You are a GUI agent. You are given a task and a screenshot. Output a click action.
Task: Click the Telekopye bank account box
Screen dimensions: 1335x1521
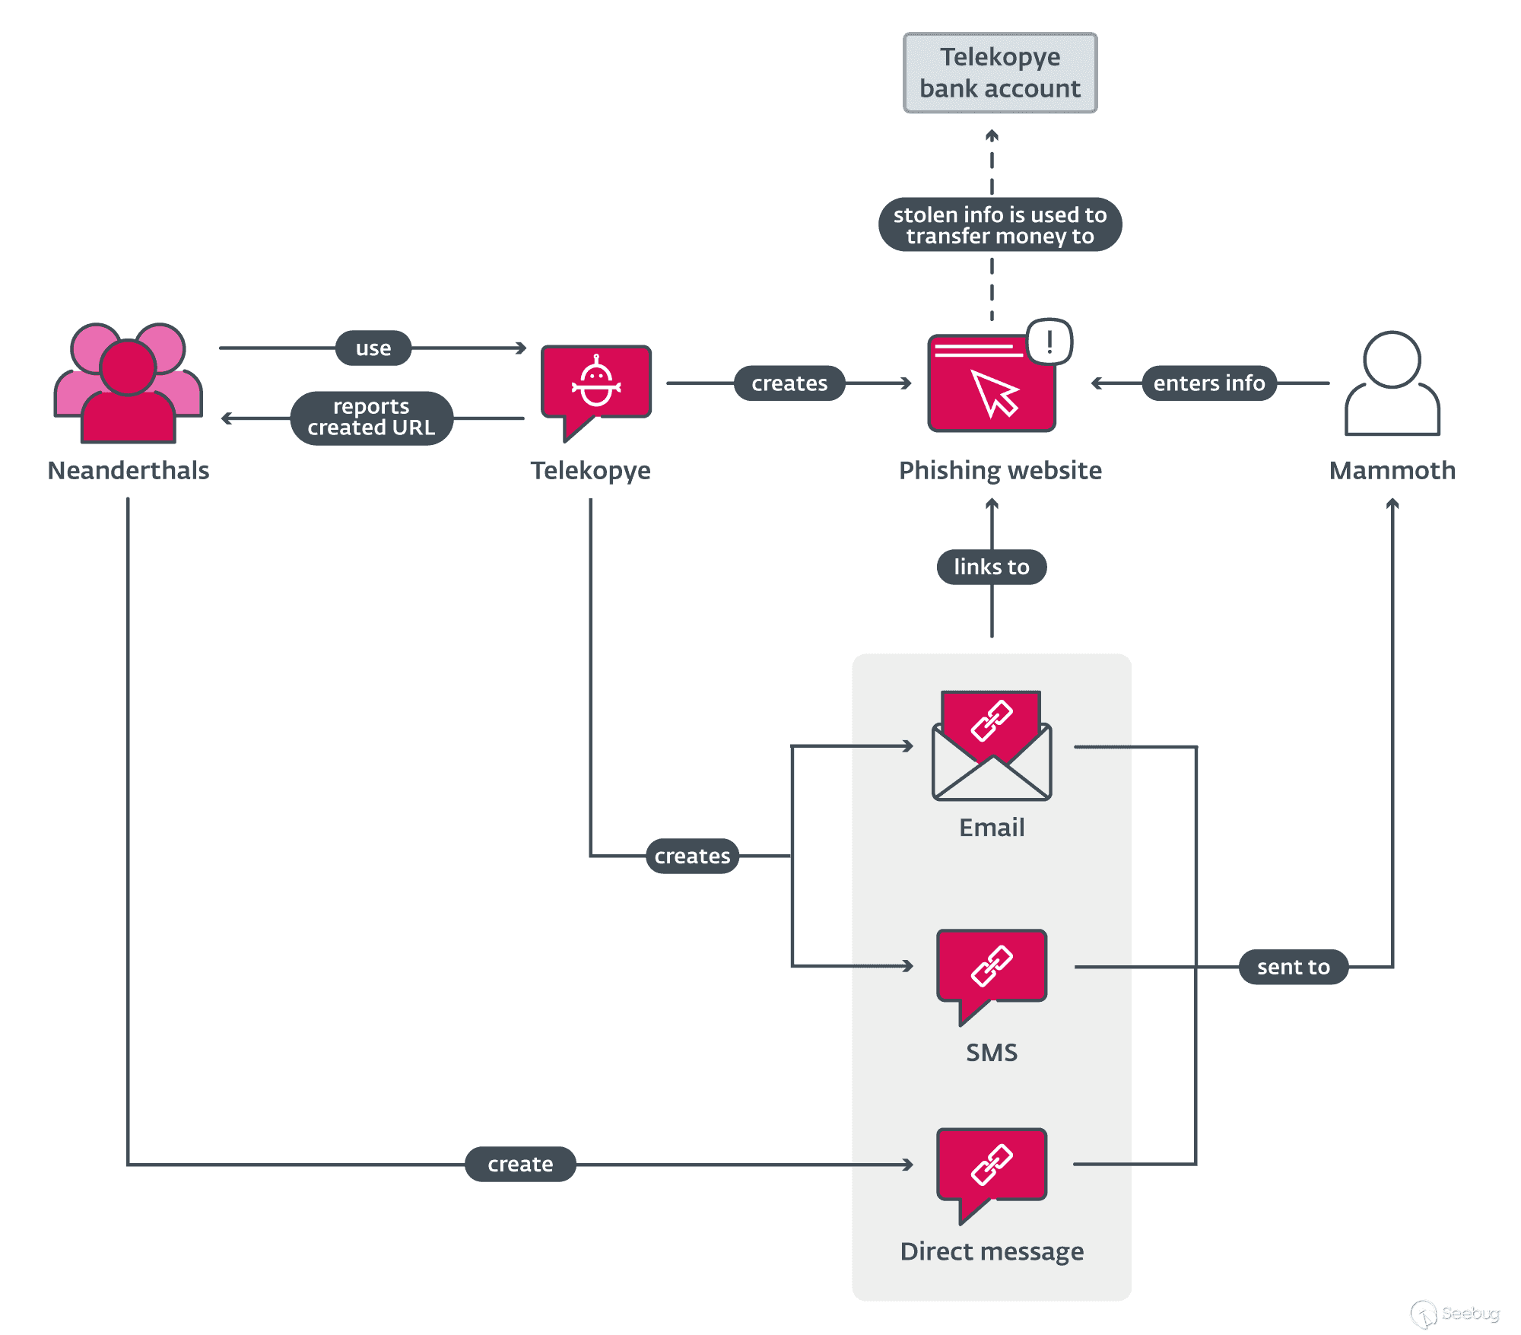999,73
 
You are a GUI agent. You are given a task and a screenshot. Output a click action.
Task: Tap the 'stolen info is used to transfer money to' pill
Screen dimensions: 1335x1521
999,225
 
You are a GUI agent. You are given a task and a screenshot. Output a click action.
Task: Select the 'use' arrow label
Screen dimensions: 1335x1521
373,348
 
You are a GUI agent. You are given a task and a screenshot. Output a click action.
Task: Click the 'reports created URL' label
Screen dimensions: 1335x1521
371,418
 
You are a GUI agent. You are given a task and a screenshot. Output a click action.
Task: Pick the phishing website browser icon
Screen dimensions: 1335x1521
991,385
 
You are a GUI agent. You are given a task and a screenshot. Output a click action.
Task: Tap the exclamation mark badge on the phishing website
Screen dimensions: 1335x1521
1049,342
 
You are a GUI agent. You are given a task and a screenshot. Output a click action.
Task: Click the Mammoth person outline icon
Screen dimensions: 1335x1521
1391,383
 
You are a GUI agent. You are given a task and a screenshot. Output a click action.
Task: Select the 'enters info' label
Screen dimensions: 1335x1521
1208,383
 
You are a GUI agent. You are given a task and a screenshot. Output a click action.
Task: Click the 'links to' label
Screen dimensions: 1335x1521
991,567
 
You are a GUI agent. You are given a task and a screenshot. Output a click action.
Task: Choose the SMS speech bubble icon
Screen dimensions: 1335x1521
991,970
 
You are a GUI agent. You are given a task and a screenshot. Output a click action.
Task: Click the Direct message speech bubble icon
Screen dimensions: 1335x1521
991,1168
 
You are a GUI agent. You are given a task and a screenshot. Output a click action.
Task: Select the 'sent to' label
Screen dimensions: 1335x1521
1293,968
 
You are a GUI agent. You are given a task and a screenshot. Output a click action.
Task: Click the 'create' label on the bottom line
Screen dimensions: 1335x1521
520,1165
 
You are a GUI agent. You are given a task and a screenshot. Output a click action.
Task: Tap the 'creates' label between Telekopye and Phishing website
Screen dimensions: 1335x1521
789,383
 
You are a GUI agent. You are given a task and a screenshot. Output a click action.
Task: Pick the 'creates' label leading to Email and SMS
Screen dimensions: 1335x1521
692,857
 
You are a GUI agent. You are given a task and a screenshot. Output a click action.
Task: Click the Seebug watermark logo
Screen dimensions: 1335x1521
1454,1314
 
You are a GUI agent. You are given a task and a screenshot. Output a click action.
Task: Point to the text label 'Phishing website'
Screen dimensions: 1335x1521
999,471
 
